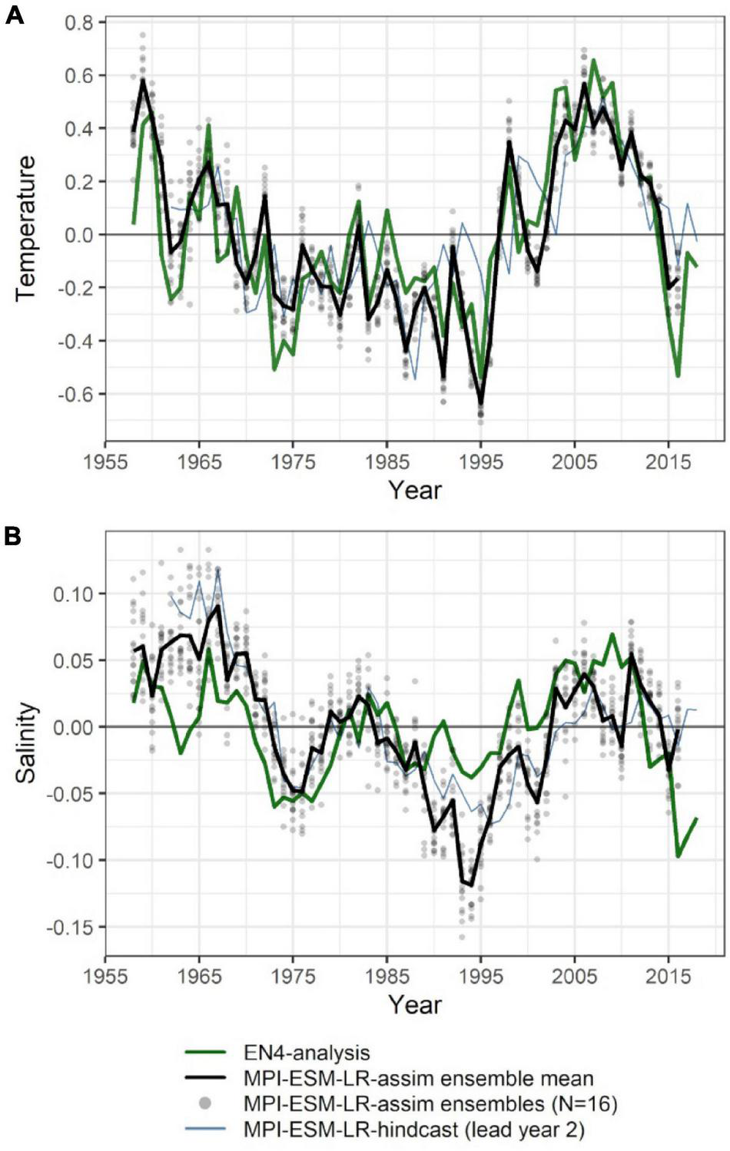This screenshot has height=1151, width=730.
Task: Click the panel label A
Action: (14, 15)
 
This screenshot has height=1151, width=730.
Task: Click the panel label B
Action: (12, 535)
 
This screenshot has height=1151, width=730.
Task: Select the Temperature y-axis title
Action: (25, 228)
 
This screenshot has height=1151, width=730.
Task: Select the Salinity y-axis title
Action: (25, 742)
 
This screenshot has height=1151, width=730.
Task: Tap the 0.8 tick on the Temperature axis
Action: (78, 23)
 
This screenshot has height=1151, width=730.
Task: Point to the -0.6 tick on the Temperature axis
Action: (75, 394)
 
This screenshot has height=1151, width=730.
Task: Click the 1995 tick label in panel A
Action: (480, 462)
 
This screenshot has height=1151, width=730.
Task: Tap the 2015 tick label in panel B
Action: (668, 977)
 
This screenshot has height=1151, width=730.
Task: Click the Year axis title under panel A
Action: (414, 490)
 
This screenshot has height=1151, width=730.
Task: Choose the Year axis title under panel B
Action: (414, 1004)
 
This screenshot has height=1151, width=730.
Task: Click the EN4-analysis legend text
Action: (306, 1053)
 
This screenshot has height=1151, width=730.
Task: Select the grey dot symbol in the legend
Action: (205, 1103)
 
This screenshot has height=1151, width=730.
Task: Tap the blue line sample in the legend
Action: (205, 1130)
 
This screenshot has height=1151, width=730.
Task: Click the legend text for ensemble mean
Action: (418, 1078)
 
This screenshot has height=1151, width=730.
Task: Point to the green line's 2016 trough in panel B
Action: (678, 855)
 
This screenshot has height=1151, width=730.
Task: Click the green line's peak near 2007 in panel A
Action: (593, 60)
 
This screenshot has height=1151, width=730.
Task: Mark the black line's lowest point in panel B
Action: (471, 885)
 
